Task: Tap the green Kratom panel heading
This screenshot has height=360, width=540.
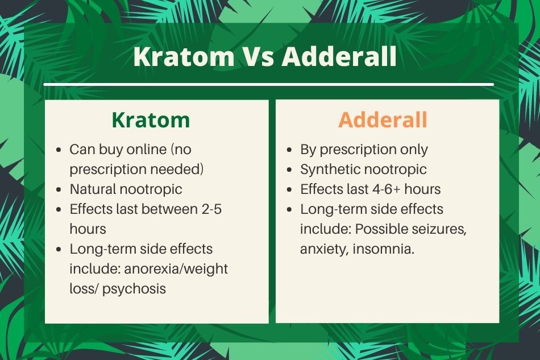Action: point(151,120)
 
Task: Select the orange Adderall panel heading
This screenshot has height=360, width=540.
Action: point(383,120)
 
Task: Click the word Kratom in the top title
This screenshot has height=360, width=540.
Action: point(184,56)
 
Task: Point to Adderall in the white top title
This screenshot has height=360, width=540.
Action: point(339,56)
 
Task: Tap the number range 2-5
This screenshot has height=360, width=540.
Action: point(211,209)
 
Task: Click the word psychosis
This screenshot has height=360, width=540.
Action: point(134,289)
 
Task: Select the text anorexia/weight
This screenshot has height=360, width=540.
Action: point(176,269)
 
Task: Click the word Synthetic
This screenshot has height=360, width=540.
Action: point(326,169)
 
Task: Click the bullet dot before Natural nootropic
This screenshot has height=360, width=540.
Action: point(59,189)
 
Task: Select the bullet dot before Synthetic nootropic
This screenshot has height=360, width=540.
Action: point(289,170)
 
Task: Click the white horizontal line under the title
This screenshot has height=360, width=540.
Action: point(269,84)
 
